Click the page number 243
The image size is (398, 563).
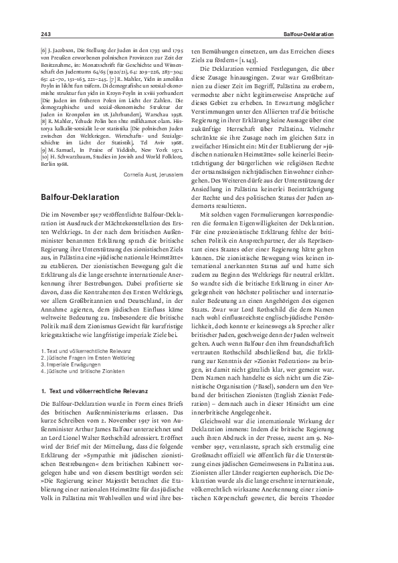(x=46, y=34)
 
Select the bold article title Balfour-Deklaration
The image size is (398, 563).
(x=80, y=198)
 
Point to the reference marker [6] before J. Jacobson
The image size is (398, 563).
(x=45, y=50)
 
